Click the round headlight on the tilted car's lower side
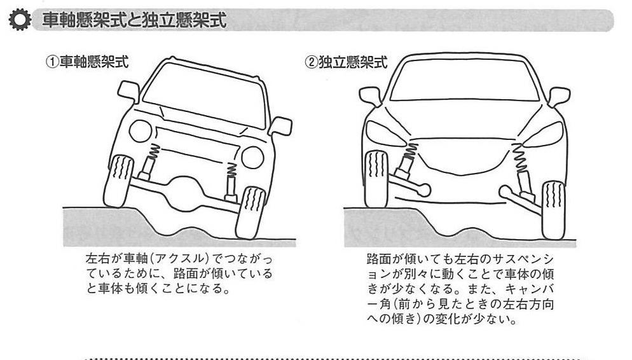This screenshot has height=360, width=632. point(252,157)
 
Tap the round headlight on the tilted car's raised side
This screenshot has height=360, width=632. point(140,131)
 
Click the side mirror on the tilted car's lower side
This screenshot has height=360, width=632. point(280,125)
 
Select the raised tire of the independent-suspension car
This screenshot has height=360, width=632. point(376,179)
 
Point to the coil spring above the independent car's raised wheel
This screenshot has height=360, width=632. point(410,153)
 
